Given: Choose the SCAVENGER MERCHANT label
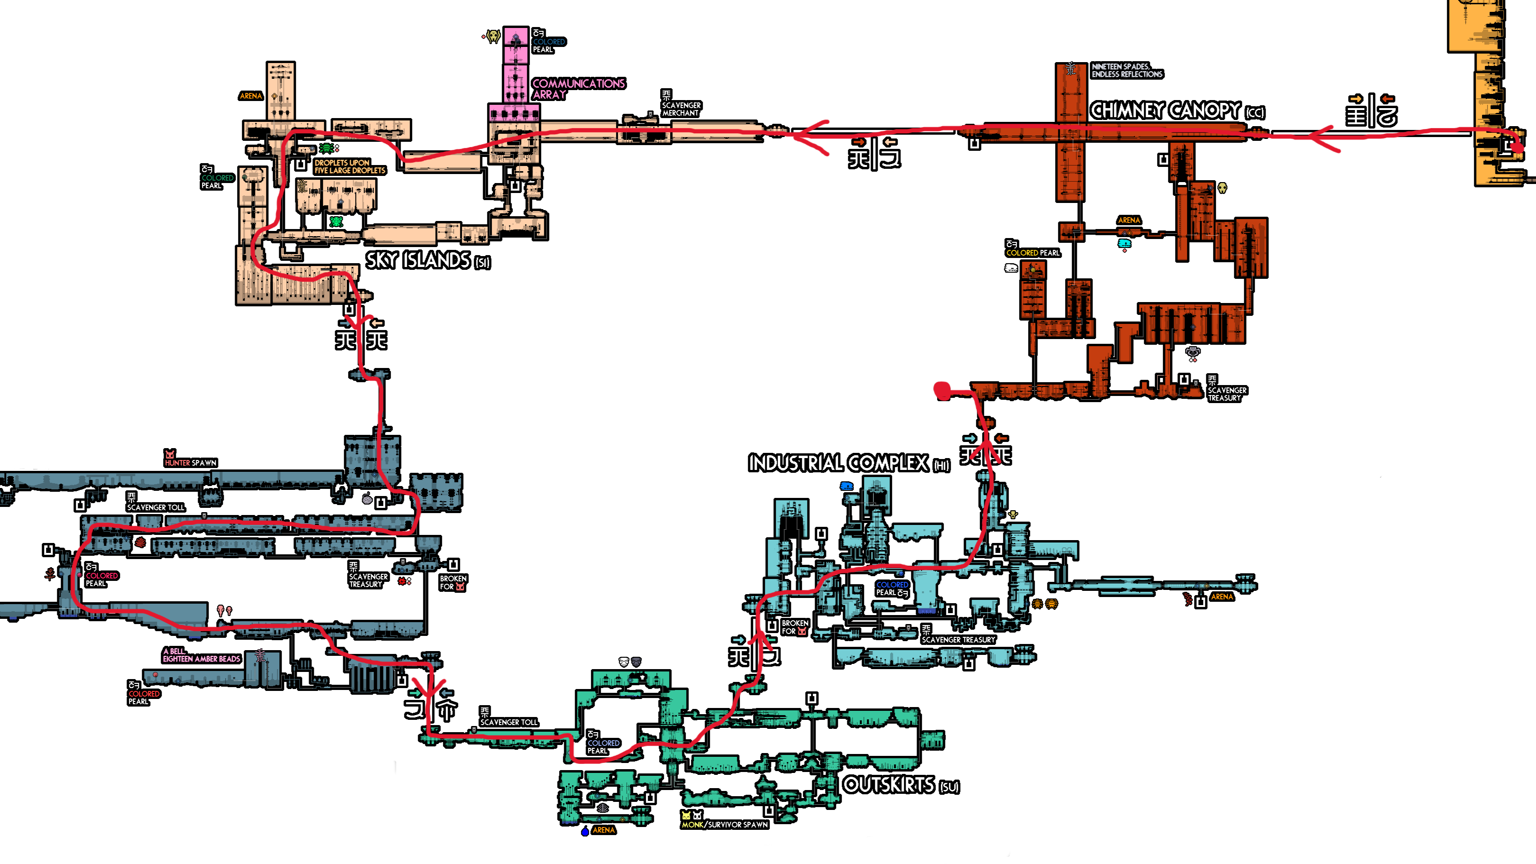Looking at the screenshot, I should pos(681,109).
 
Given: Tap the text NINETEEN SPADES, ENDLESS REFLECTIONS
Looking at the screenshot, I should pos(1126,70).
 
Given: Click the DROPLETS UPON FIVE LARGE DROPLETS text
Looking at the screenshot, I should pos(350,166).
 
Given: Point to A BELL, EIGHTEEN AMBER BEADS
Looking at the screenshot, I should pos(201,655).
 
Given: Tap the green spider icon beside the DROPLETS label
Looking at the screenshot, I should pos(326,147).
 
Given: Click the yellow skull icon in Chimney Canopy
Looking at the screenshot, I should pos(1222,188).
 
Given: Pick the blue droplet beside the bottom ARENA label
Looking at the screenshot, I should pos(585,831).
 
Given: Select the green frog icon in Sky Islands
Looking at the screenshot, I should pos(336,222).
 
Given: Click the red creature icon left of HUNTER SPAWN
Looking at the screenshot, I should pos(170,455).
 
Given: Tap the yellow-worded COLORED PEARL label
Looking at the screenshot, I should pos(1032,253).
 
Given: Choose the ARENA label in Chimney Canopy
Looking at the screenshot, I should pos(1129,220).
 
